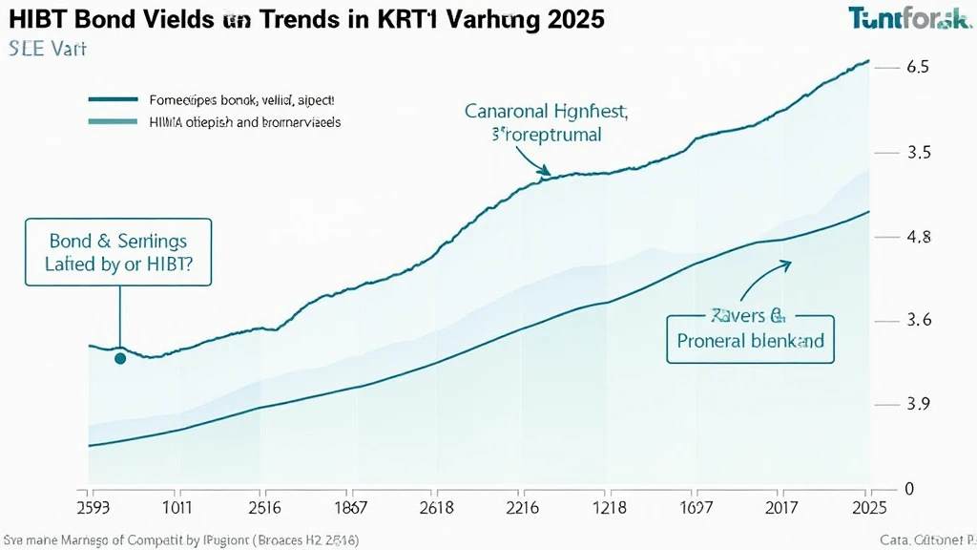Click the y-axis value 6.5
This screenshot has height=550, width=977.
[x=918, y=68]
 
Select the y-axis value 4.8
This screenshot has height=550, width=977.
[x=918, y=238]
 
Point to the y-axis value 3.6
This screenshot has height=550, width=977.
[x=918, y=321]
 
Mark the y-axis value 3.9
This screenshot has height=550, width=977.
[x=918, y=404]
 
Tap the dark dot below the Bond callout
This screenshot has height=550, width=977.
[x=120, y=359]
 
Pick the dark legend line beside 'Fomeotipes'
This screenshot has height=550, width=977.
[x=113, y=99]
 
